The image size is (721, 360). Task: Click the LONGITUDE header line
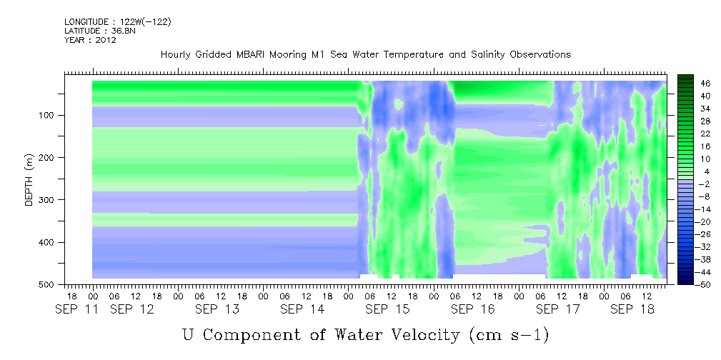tap(118, 21)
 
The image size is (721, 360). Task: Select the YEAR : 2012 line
tap(90, 39)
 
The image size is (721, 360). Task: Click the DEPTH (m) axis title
tap(29, 180)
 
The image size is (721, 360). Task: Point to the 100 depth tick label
tap(49, 115)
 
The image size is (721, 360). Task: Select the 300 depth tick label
tap(49, 199)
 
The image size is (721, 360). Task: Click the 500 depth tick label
tap(49, 284)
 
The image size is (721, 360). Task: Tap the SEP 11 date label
tap(76, 309)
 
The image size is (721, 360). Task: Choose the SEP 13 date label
tap(217, 309)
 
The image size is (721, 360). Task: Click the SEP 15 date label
tap(387, 309)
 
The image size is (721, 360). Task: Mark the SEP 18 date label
tap(632, 309)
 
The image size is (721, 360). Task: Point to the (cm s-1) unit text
tap(509, 336)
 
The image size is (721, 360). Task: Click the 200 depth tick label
tap(49, 157)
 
